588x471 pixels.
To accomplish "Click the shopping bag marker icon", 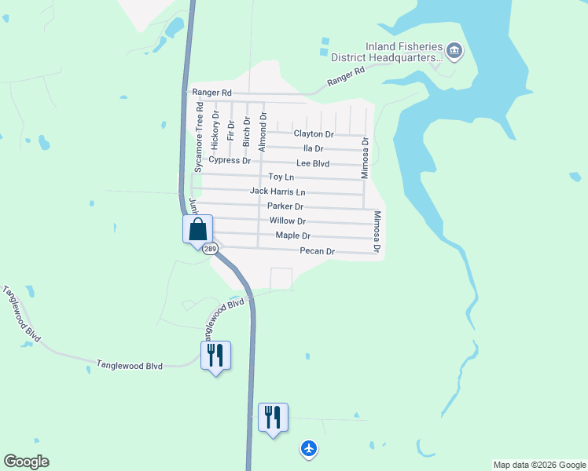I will pyautogui.click(x=198, y=230).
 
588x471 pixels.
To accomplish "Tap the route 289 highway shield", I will pyautogui.click(x=209, y=249).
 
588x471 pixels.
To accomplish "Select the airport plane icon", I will pyautogui.click(x=309, y=448).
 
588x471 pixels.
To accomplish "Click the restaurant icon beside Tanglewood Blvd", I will pyautogui.click(x=215, y=356).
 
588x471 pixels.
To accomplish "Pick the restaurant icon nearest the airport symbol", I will pyautogui.click(x=273, y=418).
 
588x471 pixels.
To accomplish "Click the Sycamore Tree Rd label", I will pyautogui.click(x=200, y=141).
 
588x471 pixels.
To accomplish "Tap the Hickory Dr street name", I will pyautogui.click(x=215, y=130).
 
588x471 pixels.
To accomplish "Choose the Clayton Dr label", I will pyautogui.click(x=314, y=134).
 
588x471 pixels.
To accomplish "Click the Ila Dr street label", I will pyautogui.click(x=314, y=148).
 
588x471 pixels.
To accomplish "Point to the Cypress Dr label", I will pyautogui.click(x=230, y=160).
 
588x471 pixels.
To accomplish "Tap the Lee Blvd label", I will pyautogui.click(x=313, y=163).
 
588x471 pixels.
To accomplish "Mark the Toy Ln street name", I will pyautogui.click(x=281, y=177).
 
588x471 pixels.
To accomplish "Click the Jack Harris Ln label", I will pyautogui.click(x=277, y=192).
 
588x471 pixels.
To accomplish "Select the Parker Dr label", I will pyautogui.click(x=285, y=206).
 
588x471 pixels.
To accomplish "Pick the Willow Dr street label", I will pyautogui.click(x=287, y=221).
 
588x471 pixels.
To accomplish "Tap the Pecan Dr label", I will pyautogui.click(x=318, y=251).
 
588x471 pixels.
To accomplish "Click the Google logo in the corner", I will pyautogui.click(x=26, y=462).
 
